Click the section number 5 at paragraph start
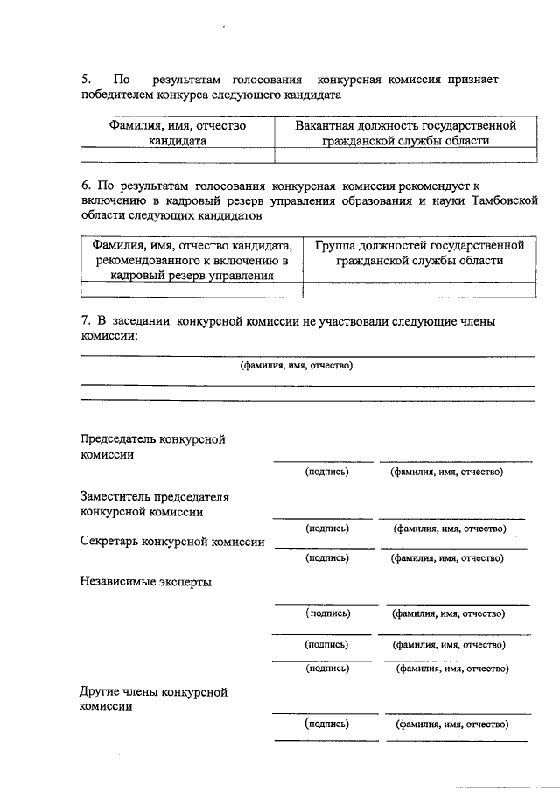84,80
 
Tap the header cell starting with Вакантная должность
404,132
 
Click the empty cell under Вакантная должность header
404,155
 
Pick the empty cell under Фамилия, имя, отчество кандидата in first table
177,155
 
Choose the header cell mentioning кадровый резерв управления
192,260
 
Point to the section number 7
84,321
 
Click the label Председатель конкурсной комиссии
152,447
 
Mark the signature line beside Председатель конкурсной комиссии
323,459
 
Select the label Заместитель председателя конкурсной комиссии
154,504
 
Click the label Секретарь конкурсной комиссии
171,542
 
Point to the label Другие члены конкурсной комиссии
154,698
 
